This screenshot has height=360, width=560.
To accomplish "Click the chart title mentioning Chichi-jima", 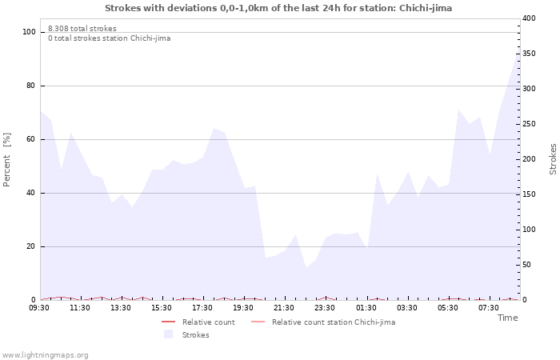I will point(278,8).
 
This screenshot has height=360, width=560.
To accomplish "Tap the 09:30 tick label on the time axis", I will point(39,307).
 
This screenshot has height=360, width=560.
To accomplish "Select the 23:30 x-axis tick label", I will point(325,307).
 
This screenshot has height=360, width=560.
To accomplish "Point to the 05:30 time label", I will point(448,307).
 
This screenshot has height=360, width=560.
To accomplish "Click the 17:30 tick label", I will point(202,307).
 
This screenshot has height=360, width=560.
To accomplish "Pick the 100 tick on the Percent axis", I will point(30,32).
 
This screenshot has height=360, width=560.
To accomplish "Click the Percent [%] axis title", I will point(7,160).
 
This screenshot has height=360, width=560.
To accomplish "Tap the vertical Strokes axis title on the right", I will point(553,159).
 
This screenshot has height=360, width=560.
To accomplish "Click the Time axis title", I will point(507,318).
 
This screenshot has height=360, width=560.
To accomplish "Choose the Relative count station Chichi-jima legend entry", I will point(333,322).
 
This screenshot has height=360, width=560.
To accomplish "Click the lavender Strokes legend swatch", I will point(168,334).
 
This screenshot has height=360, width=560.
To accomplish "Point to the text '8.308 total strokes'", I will point(82,29).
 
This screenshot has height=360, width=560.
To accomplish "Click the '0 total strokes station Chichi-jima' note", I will point(109,38).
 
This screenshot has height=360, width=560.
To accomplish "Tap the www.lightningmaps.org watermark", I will point(45,354).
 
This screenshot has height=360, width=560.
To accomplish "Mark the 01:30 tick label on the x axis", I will point(366,307).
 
